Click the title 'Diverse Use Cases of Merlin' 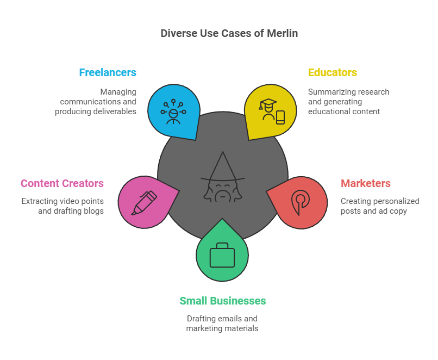pos(229,33)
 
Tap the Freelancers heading pos(108,72)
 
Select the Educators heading pos(333,72)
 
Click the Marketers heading pos(365,183)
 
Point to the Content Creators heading pos(62,183)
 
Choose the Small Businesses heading pos(223,301)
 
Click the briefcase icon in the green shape pos(222,255)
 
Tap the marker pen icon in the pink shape pos(144,203)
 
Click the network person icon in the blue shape pos(173,111)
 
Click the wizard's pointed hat pos(223,167)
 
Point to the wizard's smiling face pos(223,191)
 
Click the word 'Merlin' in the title pos(283,33)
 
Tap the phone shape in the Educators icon pos(280,117)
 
